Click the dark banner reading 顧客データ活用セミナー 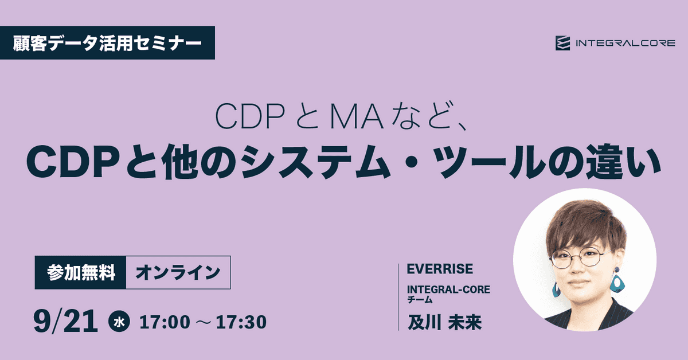[x=107, y=42]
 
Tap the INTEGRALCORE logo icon [x=562, y=43]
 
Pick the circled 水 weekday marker [x=119, y=323]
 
